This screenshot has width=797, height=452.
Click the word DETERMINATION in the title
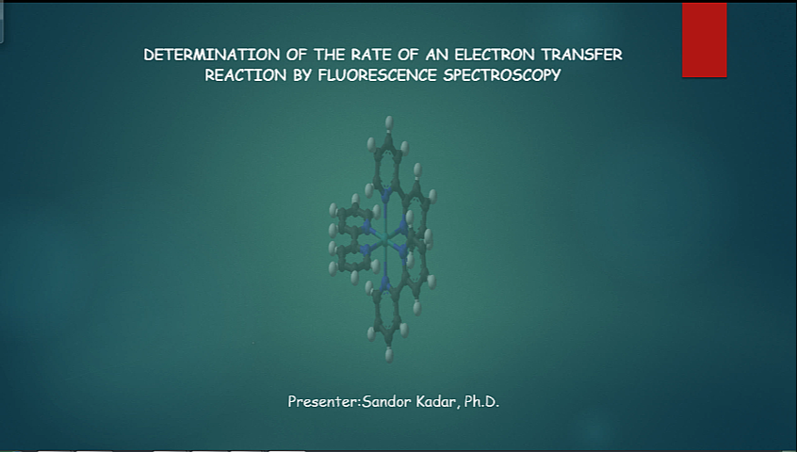tap(211, 55)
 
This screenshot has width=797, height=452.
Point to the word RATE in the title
tap(370, 55)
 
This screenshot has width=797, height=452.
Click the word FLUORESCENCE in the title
tap(377, 75)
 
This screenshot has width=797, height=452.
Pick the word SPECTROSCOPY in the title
tap(502, 75)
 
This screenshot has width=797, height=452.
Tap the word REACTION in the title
tap(246, 75)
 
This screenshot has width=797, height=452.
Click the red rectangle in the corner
tap(705, 40)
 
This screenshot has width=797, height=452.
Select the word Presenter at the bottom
tap(323, 402)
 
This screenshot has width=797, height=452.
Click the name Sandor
tap(387, 402)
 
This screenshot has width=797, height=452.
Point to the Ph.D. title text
tap(481, 402)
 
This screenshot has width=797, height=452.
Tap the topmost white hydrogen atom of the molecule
tap(389, 121)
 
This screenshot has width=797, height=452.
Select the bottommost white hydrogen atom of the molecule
tap(389, 354)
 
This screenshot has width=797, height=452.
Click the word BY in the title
tap(301, 75)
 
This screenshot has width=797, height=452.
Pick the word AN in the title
tap(436, 55)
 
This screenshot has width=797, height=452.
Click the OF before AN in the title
tap(407, 55)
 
